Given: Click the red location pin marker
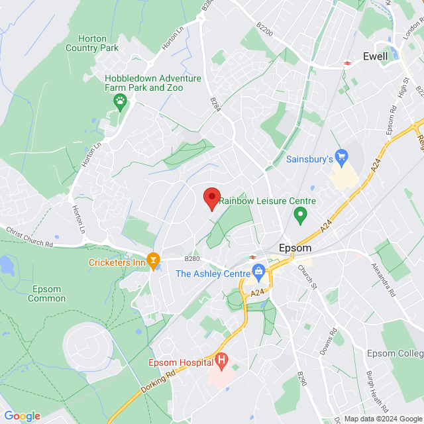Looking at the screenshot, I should tap(211, 198).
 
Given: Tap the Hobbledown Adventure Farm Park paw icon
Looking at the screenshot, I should tap(120, 101).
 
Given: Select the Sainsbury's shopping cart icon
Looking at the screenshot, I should tap(341, 158).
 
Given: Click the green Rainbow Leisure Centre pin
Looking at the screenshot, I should tap(299, 215).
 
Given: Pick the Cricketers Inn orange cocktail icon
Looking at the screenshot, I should tap(154, 262).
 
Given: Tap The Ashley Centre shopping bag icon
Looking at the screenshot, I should tap(258, 271).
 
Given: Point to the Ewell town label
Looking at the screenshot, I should tap(375, 57).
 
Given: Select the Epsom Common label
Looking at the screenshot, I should tap(46, 293).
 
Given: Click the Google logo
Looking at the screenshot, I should tap(22, 416).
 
